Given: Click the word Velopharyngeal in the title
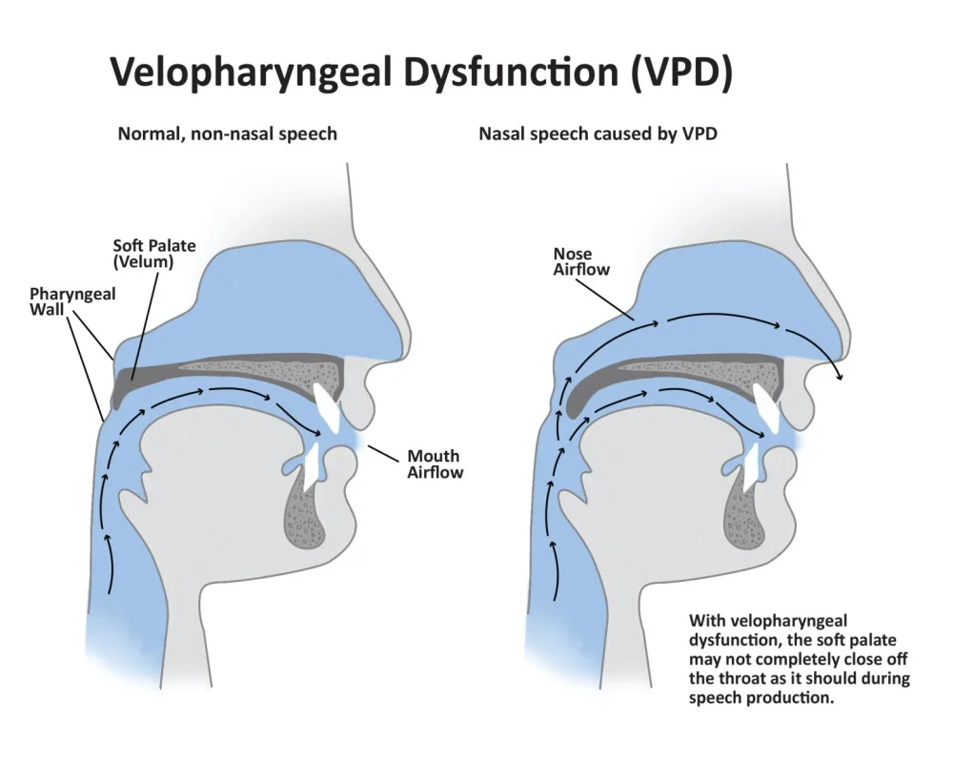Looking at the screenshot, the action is coord(251,73).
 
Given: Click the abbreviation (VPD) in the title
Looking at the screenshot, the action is coord(680,73).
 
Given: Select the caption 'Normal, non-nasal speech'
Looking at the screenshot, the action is coord(228,134).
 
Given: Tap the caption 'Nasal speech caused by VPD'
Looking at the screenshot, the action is coord(598,134).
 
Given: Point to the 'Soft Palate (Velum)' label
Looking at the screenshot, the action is coord(154,254).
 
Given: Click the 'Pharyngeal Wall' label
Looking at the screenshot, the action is coord(72,301).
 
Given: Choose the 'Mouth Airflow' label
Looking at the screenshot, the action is coord(435,464).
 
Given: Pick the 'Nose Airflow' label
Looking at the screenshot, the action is coord(581,261).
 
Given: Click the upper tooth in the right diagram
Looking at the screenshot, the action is coord(766,407).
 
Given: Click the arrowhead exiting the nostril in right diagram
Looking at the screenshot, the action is coord(841,377).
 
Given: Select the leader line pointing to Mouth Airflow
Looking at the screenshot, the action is coord(383,453).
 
